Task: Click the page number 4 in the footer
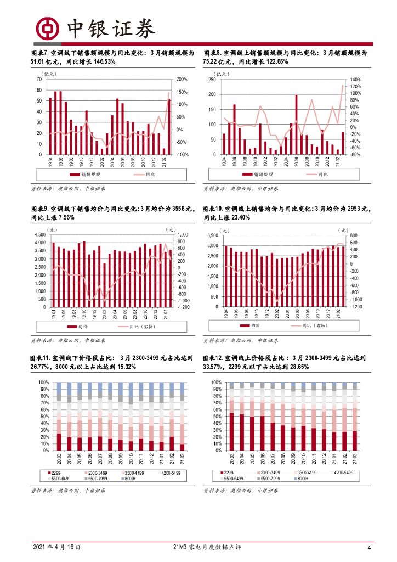click(369, 547)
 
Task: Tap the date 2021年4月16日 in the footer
click(57, 547)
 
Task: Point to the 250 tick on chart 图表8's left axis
click(213, 80)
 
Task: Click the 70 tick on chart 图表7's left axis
click(38, 80)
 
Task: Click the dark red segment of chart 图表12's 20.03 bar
click(231, 431)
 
